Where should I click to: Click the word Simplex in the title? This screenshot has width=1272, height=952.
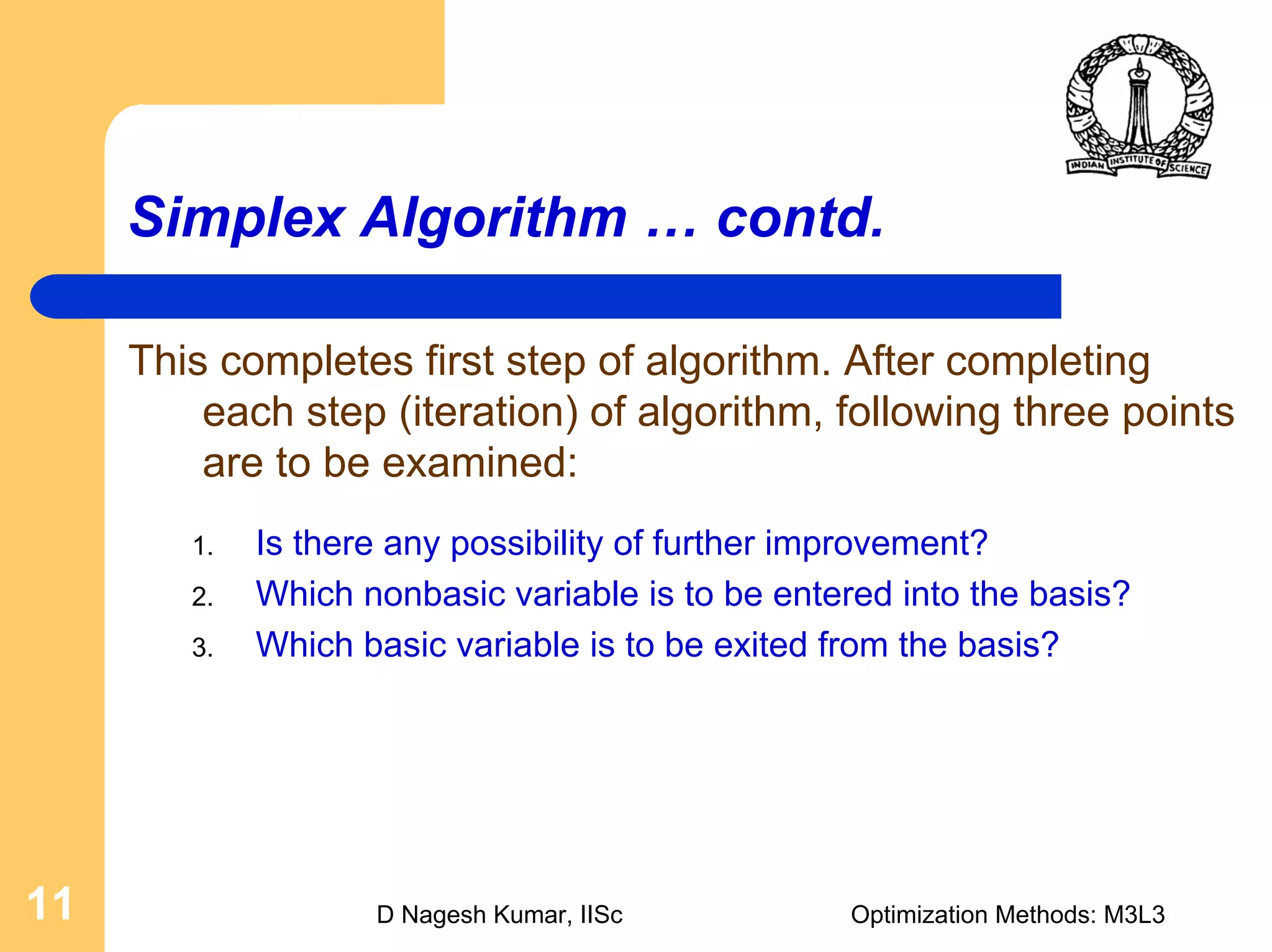click(237, 218)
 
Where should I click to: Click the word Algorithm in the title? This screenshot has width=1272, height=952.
click(494, 218)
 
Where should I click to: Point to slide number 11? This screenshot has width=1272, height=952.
click(50, 904)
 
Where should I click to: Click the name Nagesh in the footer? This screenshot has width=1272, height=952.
click(443, 915)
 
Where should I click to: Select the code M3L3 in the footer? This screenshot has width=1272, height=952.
click(1133, 915)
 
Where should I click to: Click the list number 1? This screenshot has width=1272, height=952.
click(202, 547)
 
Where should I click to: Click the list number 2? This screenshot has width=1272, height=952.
click(202, 597)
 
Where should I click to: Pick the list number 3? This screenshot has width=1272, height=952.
click(202, 648)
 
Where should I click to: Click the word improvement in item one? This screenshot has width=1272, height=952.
click(875, 544)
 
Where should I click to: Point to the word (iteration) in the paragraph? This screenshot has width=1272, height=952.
click(488, 412)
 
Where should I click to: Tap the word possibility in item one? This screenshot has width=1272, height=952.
click(526, 544)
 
